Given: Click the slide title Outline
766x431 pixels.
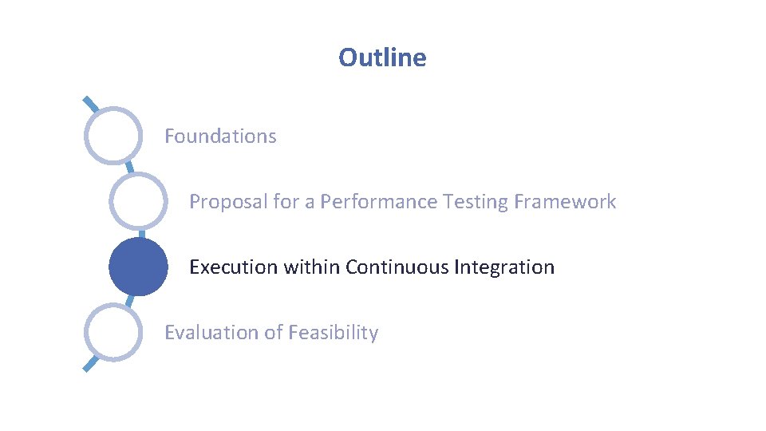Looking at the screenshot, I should pyautogui.click(x=382, y=57).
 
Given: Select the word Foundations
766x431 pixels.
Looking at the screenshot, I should pyautogui.click(x=220, y=136).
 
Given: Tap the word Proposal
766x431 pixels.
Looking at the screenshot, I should pyautogui.click(x=228, y=202).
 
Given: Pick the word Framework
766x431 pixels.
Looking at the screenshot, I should pyautogui.click(x=565, y=202).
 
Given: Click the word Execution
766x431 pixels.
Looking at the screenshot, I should pyautogui.click(x=227, y=267).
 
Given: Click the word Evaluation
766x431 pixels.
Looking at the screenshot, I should pyautogui.click(x=205, y=333).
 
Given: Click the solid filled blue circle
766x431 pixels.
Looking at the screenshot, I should pyautogui.click(x=138, y=267).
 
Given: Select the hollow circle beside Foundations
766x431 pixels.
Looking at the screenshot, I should pyautogui.click(x=114, y=136).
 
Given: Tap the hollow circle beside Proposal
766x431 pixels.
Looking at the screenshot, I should pyautogui.click(x=138, y=202).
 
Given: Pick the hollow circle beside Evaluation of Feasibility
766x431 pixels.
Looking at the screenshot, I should pyautogui.click(x=114, y=333).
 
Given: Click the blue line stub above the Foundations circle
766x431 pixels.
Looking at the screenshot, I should pyautogui.click(x=91, y=105).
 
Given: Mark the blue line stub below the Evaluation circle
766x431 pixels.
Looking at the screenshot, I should pyautogui.click(x=91, y=364).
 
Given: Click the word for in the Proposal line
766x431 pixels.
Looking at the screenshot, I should pyautogui.click(x=285, y=202).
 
